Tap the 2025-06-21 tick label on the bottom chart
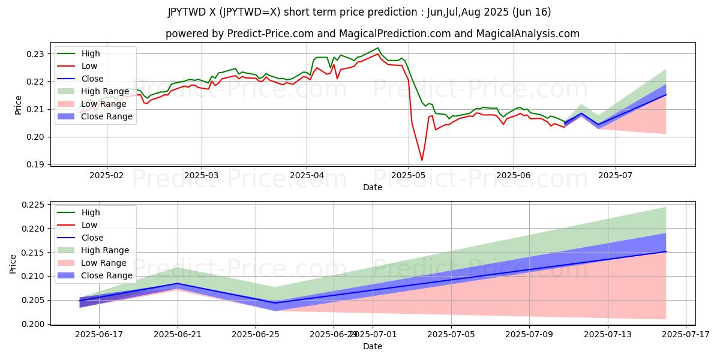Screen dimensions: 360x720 (178, 334)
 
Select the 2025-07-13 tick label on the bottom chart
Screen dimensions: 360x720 (607, 334)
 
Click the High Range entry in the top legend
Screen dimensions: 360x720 (104, 91)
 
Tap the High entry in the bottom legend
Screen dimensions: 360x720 (91, 212)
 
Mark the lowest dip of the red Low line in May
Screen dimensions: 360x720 (422, 160)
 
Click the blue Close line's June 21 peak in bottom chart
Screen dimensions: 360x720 (178, 283)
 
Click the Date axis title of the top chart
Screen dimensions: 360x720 (372, 187)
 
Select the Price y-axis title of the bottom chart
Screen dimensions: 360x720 (13, 263)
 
